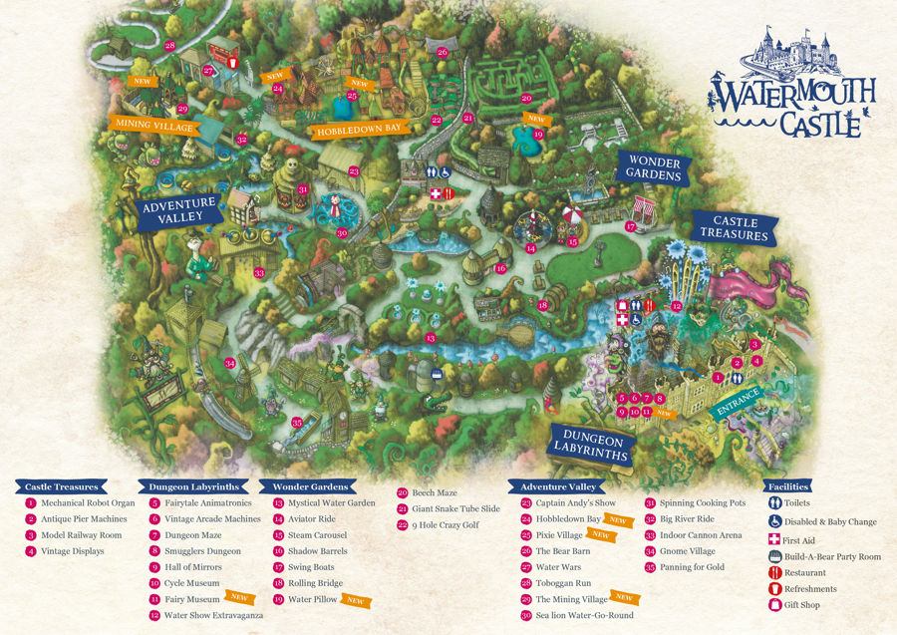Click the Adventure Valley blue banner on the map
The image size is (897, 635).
pos(178,210)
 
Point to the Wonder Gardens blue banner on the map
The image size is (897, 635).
pos(653,167)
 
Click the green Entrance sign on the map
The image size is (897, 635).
pos(739,401)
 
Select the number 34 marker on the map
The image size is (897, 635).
pos(229,364)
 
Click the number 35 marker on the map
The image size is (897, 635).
pos(297,423)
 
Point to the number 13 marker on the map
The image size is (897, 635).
pos(431,339)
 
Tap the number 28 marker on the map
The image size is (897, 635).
pos(169,46)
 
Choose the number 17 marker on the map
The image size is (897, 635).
pos(631,227)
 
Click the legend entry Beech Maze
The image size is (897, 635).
pos(434,492)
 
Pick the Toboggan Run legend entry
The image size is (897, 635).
pos(563,583)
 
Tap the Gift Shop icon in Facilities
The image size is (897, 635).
pos(774,604)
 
